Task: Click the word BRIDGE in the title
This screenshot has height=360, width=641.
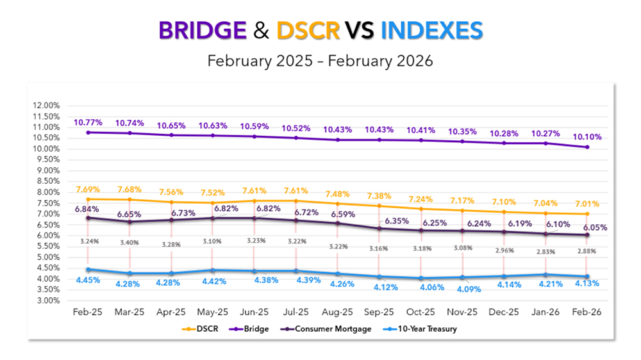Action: tap(202, 30)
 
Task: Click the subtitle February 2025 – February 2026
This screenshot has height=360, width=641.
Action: tap(320, 61)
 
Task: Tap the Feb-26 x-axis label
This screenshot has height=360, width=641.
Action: tap(587, 313)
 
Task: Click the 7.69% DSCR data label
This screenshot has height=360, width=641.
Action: tap(88, 190)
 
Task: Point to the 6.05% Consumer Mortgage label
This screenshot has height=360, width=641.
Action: tap(595, 227)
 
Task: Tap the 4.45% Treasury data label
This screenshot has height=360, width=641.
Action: tap(88, 280)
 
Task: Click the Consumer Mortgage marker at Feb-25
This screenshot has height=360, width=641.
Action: tap(87, 217)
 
